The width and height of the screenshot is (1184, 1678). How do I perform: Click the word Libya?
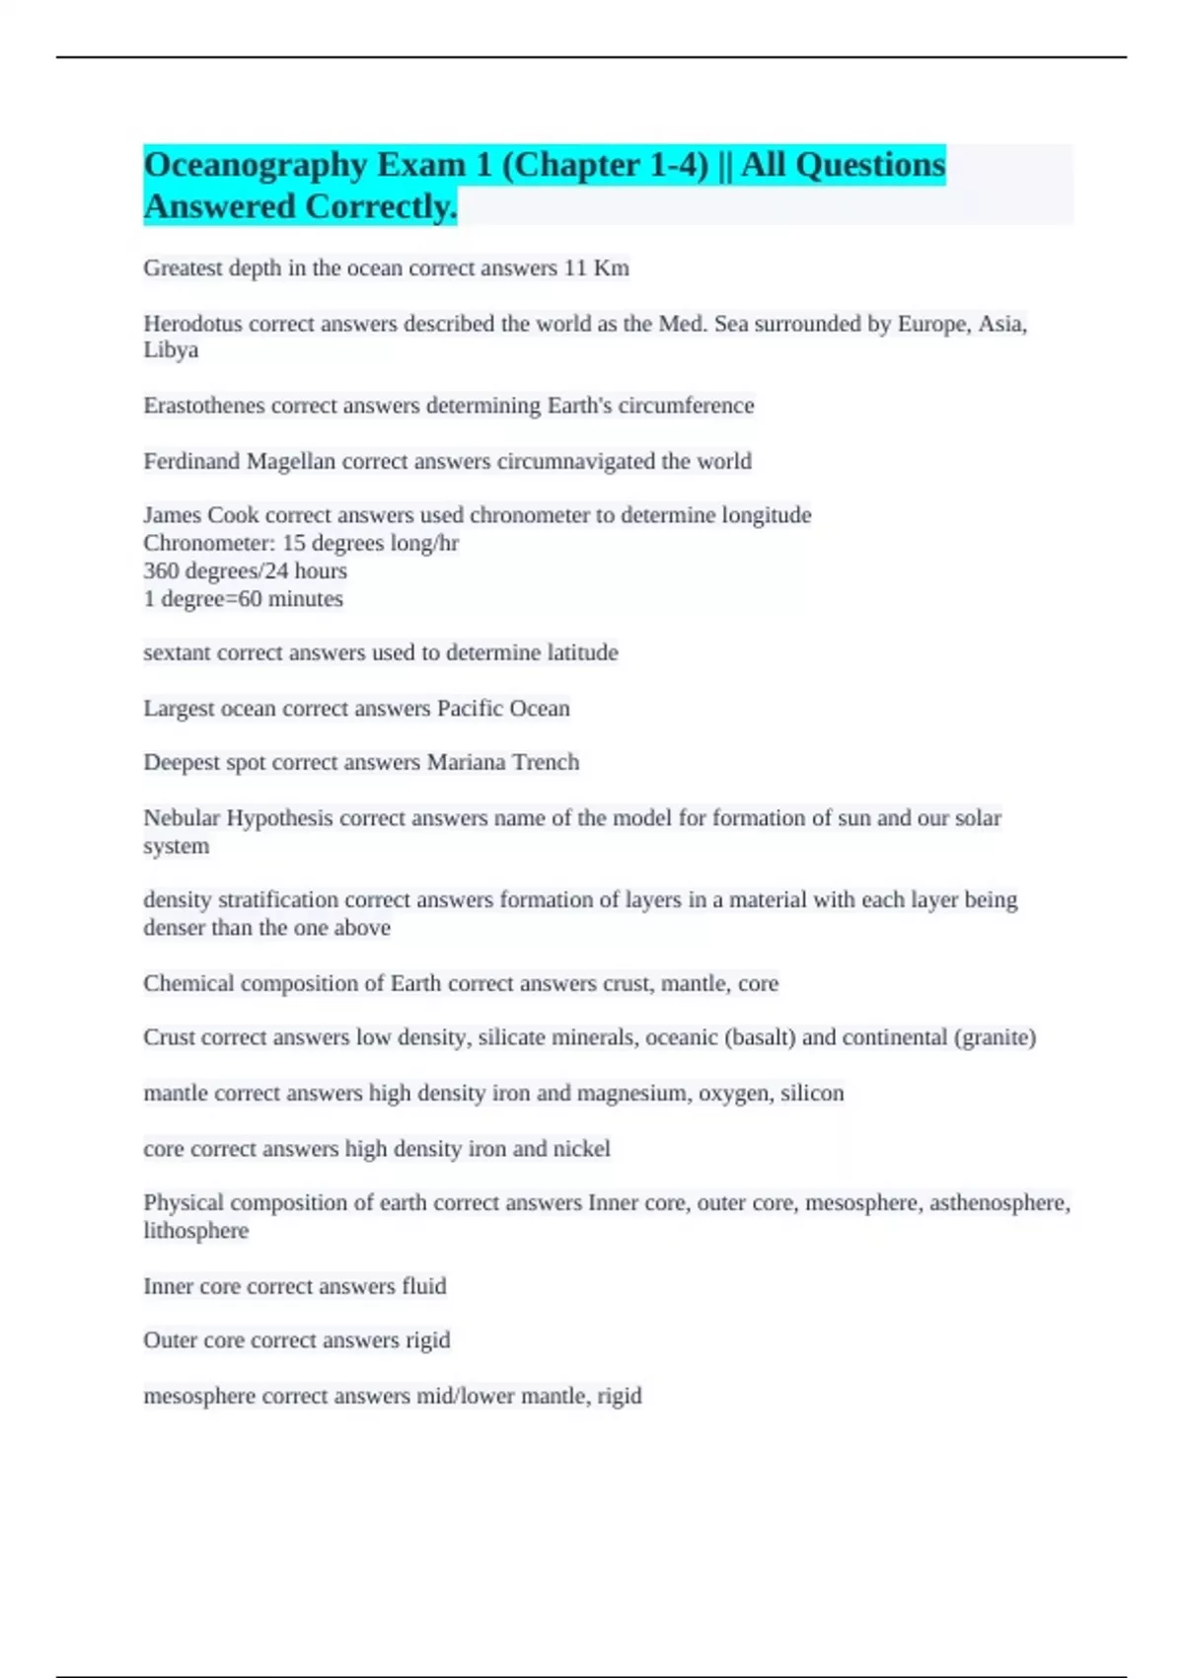tap(171, 350)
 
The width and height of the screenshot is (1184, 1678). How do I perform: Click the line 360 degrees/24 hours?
tap(245, 571)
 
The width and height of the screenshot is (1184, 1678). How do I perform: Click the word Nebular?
tap(182, 818)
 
